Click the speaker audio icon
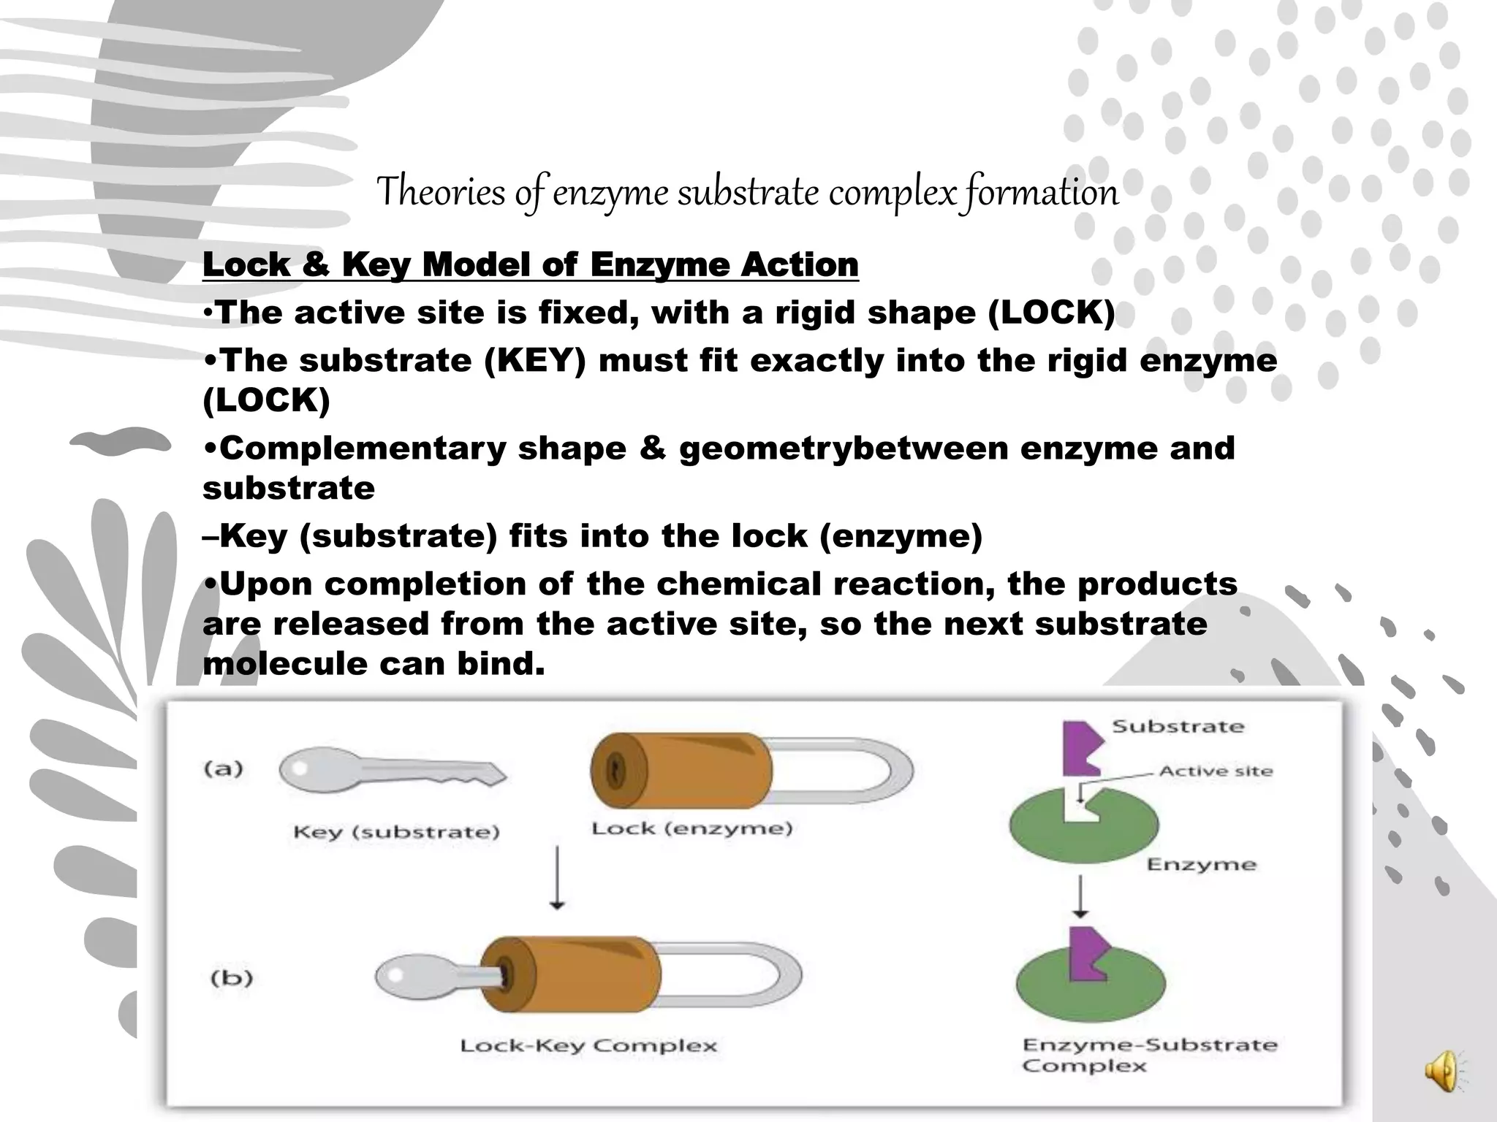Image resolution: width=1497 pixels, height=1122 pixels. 1443,1070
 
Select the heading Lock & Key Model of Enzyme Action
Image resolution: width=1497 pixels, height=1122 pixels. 530,264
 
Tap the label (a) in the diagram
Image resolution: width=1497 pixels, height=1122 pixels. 224,768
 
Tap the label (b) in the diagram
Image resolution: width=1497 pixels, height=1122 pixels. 232,977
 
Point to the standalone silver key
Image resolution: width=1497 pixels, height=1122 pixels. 391,773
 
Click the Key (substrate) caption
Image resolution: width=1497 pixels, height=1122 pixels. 396,832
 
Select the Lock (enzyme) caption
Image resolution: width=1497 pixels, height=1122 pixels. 691,828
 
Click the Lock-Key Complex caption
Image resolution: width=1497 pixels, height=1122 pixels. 588,1045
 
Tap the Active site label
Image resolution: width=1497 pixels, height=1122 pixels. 1216,771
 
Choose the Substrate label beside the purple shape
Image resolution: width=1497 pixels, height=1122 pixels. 1178,726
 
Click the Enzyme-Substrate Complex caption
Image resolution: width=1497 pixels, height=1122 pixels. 1149,1055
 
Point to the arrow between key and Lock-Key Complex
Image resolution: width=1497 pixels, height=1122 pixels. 557,877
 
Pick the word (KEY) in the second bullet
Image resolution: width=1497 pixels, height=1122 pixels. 535,360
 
